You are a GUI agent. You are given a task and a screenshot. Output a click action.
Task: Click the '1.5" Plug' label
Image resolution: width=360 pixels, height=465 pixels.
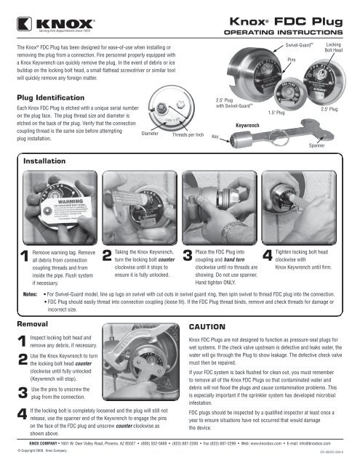tap(276, 113)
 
